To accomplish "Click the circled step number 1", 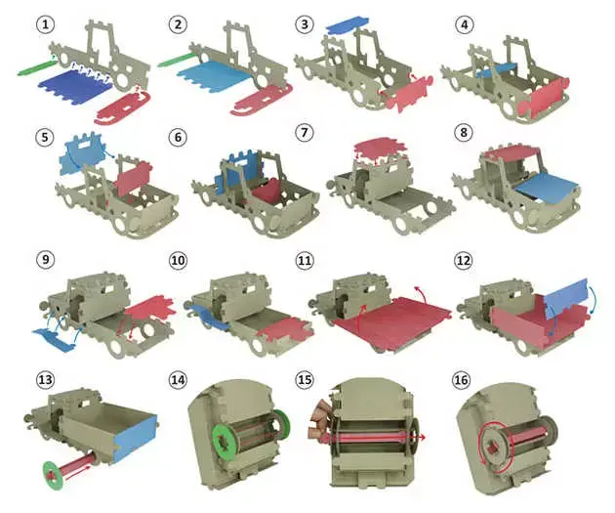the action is [x=46, y=24].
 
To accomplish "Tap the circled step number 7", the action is [x=304, y=132].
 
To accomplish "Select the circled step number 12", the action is [x=464, y=260].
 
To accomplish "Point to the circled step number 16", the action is [x=461, y=379].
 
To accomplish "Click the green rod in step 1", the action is [x=37, y=66].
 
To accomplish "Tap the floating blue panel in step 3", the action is [x=348, y=24].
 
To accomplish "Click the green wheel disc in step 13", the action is [x=51, y=475].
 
